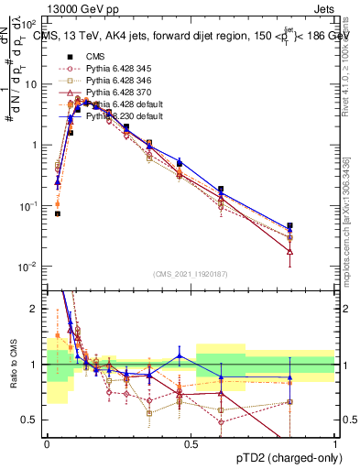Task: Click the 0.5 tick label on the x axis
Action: [191, 444]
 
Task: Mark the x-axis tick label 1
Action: [335, 444]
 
